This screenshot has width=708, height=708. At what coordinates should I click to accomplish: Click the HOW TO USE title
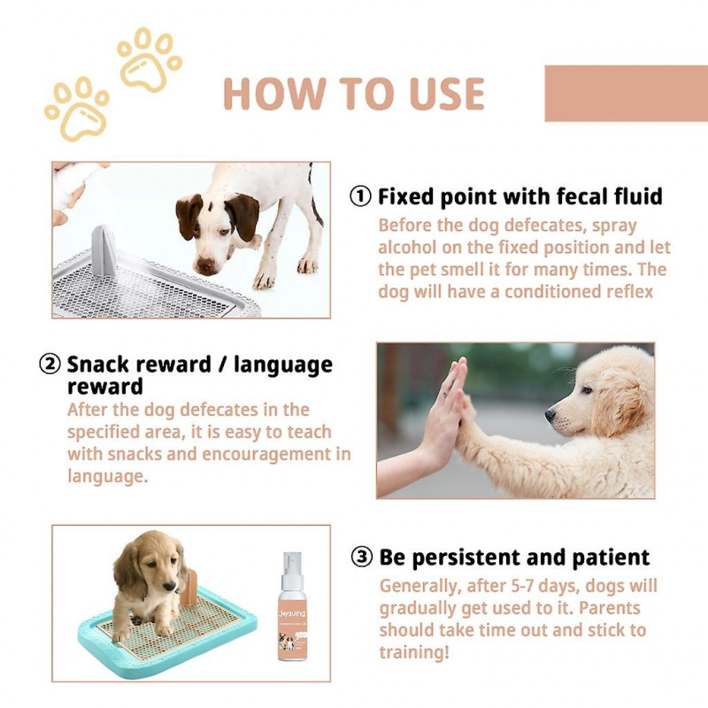click(x=354, y=95)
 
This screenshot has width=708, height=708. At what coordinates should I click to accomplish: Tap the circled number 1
click(x=360, y=196)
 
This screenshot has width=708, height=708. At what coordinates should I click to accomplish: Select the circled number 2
click(x=50, y=365)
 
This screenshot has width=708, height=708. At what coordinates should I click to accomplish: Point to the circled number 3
click(x=361, y=558)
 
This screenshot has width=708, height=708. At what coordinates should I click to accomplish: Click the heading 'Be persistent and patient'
click(x=514, y=558)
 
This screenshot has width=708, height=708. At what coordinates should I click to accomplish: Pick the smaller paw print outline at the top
click(x=148, y=58)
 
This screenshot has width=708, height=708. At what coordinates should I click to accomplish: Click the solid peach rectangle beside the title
click(x=626, y=93)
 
